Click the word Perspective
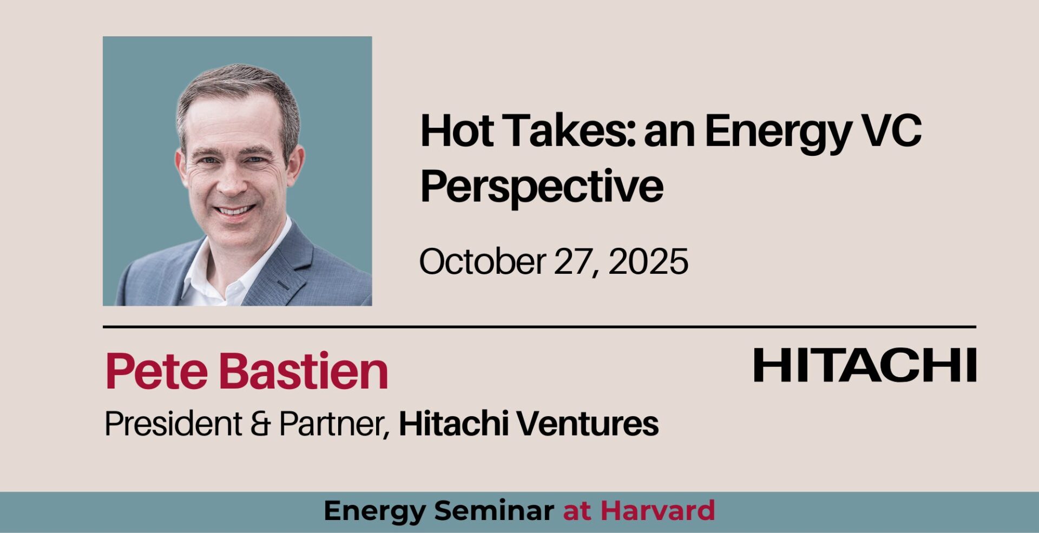pyautogui.click(x=542, y=188)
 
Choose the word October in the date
pyautogui.click(x=482, y=261)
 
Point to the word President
pyautogui.click(x=173, y=423)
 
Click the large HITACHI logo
pyautogui.click(x=865, y=365)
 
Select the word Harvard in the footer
pyautogui.click(x=657, y=510)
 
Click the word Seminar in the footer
pyautogui.click(x=494, y=510)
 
